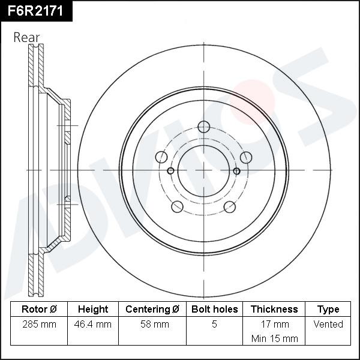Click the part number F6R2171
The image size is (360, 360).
pos(35,10)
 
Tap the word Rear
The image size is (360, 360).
pos(26,37)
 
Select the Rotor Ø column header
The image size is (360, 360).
pos(39,310)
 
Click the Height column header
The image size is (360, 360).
pos(93,310)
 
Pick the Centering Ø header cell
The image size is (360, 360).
pos(152,310)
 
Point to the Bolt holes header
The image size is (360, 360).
pos(214,310)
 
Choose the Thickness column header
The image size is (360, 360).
pos(274,310)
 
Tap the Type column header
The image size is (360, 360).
pos(328,310)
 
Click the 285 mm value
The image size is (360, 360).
pos(39,325)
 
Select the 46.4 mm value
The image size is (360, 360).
pos(93,325)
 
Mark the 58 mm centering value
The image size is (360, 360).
pos(152,325)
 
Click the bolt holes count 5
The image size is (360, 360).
pos(214,325)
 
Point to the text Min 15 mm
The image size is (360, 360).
pos(274,338)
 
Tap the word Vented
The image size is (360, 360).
pos(328,325)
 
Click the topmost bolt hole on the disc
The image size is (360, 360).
pos(203,127)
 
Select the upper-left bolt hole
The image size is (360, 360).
pos(161,157)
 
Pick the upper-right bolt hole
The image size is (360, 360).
pos(245,157)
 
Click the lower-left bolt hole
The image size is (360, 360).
pos(177,207)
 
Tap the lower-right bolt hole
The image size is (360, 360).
pos(229,207)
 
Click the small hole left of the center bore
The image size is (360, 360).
pos(170,171)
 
